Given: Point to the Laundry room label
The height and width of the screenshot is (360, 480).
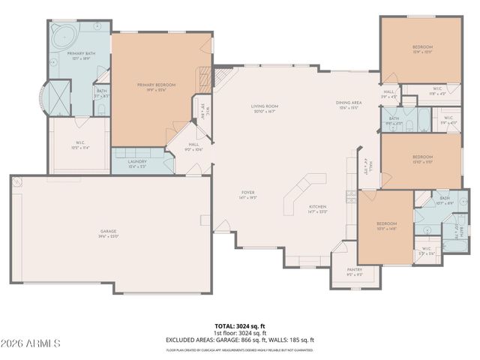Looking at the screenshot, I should (136, 163).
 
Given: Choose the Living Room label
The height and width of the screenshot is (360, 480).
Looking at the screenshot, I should (265, 109).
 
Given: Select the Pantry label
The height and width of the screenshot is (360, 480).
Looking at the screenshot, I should (354, 271).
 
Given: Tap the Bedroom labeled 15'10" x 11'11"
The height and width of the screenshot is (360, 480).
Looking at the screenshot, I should (422, 159).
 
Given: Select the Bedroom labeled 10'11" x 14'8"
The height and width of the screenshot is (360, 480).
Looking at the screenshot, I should (386, 226).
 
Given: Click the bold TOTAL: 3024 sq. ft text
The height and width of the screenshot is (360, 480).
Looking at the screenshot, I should (240, 326).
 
